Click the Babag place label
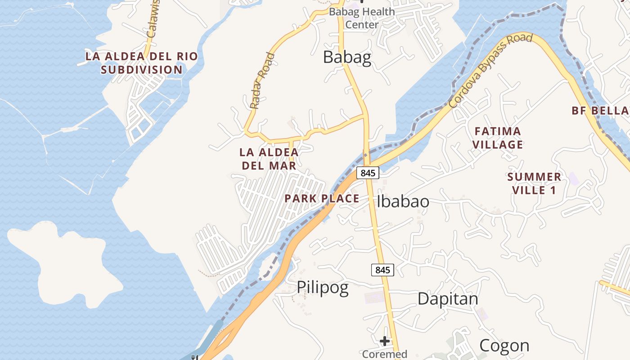[347, 58]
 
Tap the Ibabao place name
[403, 201]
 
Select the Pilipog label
[322, 288]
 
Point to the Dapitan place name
[448, 298]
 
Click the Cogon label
[504, 346]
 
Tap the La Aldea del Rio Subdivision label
[142, 63]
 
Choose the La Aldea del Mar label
[269, 159]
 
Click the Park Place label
[322, 198]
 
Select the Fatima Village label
[498, 138]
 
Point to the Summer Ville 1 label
[534, 183]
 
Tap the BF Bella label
[600, 111]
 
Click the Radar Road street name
[262, 81]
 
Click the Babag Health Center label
[362, 18]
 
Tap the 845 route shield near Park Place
[368, 172]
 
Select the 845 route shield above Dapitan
[382, 270]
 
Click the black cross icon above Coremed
[384, 341]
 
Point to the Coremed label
[384, 354]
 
